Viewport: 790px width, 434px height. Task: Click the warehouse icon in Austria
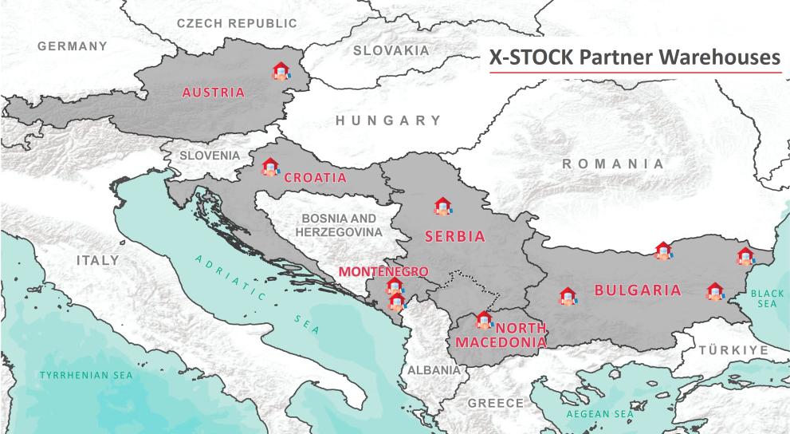[x=280, y=72]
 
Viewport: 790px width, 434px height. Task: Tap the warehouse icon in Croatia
[x=270, y=167]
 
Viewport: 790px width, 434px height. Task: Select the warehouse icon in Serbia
[x=442, y=207]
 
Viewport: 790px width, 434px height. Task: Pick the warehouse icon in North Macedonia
[x=483, y=321]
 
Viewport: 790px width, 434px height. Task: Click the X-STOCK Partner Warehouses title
[x=635, y=57]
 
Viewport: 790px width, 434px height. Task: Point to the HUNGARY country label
[x=387, y=121]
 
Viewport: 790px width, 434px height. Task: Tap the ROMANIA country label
[x=612, y=164]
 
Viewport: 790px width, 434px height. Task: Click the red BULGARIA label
[x=638, y=290]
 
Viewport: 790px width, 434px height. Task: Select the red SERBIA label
[x=454, y=236]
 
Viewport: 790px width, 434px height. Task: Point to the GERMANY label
[x=72, y=46]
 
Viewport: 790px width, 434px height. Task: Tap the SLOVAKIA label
[x=391, y=50]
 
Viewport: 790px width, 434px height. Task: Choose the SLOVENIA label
[x=209, y=155]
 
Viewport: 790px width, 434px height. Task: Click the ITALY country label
[x=97, y=260]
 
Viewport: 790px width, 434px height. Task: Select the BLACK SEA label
[x=768, y=298]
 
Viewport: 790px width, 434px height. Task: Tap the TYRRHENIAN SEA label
[x=87, y=374]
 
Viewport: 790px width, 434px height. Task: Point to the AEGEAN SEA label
[x=599, y=414]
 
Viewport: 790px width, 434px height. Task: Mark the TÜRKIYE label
[x=733, y=350]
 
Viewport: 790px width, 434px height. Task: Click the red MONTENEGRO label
[x=383, y=271]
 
